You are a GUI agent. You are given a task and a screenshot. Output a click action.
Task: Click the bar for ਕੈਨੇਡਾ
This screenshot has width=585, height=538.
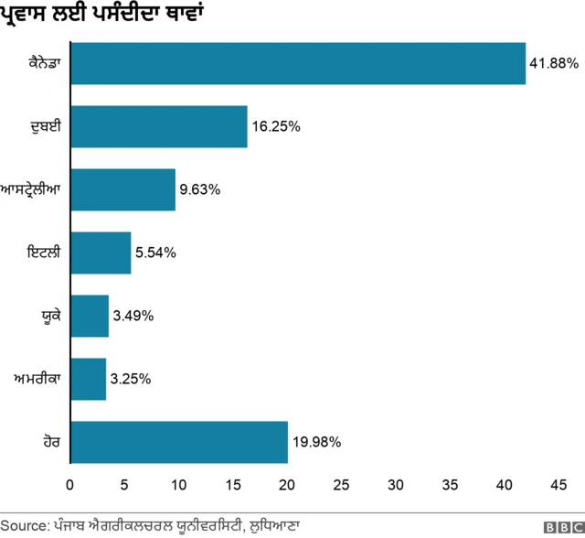(297, 64)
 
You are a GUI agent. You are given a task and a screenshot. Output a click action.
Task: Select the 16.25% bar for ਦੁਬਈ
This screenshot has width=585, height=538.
(158, 127)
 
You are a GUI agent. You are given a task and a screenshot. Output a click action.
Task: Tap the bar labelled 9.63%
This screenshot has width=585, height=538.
(122, 189)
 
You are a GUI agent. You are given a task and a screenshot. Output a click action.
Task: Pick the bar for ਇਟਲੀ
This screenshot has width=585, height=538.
(101, 253)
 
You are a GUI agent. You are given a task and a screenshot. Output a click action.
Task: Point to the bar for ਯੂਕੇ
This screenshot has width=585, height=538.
(90, 316)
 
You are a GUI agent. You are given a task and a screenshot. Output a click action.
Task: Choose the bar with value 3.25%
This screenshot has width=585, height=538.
(88, 379)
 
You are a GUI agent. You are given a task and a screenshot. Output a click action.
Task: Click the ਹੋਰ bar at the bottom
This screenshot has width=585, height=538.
(178, 442)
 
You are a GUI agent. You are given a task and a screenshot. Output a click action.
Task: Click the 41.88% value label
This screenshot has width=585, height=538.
(554, 64)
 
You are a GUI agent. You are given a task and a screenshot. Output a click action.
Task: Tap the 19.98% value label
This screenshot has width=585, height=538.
(316, 443)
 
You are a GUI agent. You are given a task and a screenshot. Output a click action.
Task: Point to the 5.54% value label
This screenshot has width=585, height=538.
(155, 253)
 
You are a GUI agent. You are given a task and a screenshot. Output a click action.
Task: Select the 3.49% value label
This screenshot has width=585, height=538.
(133, 317)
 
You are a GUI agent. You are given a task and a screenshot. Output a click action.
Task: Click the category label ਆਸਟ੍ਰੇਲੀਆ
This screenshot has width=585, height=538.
(32, 190)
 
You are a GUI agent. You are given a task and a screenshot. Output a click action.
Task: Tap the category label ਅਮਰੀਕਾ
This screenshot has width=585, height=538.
(37, 379)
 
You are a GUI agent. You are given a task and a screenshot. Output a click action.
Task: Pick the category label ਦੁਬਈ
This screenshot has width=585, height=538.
(45, 127)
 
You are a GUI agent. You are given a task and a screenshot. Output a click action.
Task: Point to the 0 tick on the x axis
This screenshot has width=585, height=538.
(70, 483)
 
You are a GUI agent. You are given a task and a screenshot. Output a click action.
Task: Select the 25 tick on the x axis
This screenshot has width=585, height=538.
(342, 483)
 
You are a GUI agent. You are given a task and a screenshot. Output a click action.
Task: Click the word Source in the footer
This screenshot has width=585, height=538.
(25, 526)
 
